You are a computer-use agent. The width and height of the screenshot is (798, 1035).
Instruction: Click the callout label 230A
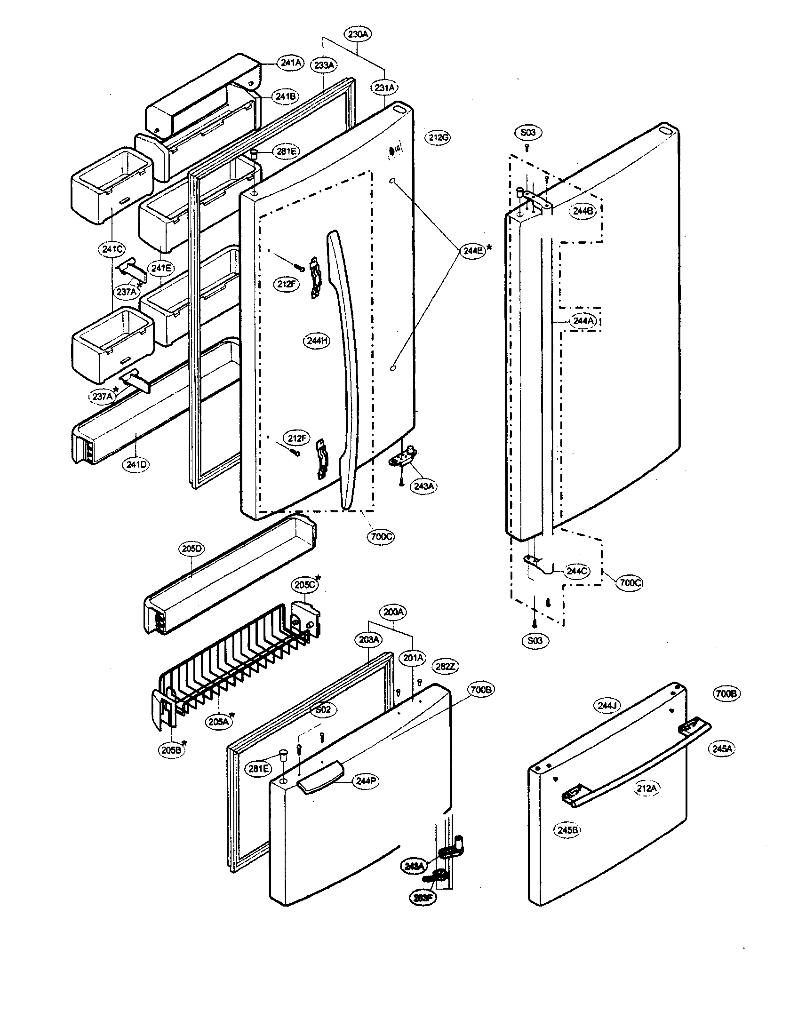(x=358, y=34)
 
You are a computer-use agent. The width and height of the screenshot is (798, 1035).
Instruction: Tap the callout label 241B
(x=286, y=96)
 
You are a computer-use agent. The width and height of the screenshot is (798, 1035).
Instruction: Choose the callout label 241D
(x=136, y=464)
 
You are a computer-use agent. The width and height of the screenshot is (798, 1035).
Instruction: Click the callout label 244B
(x=583, y=211)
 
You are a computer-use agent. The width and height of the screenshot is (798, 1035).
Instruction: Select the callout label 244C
(x=576, y=571)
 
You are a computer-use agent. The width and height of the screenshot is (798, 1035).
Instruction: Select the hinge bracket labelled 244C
(x=540, y=563)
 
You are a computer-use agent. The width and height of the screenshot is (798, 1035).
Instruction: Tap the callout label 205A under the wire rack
(x=218, y=722)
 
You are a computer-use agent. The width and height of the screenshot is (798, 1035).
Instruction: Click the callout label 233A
(x=324, y=65)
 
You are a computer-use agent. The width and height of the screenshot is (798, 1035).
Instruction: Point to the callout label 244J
(x=607, y=706)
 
